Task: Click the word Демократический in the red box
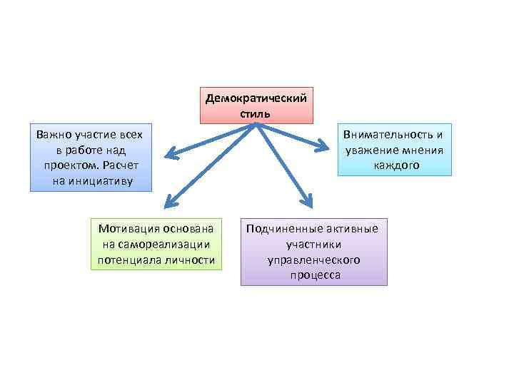[256, 98]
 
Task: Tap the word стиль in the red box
[256, 113]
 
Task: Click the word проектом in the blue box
[68, 165]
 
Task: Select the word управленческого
[313, 260]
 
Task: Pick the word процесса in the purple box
[313, 275]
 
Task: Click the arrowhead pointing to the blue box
[169, 153]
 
